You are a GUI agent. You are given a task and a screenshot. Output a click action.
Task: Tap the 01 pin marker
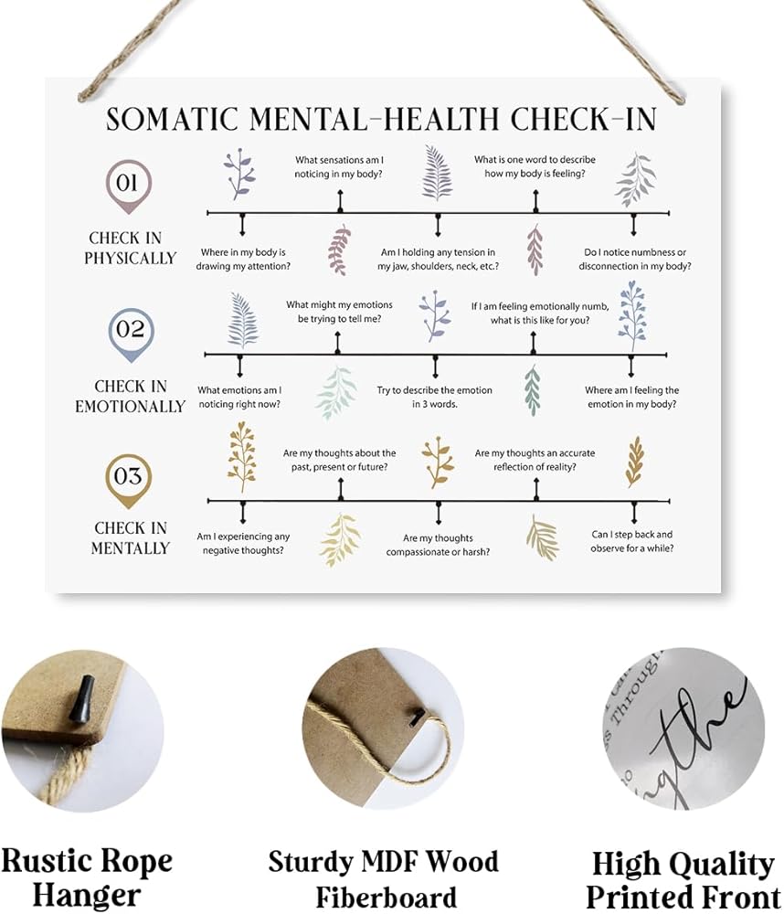pos(128,184)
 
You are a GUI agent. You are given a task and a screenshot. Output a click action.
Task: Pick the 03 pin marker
pos(129,477)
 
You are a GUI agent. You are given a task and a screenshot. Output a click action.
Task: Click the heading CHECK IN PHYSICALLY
pos(130,249)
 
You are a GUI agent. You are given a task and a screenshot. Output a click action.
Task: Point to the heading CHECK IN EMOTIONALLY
pos(130,397)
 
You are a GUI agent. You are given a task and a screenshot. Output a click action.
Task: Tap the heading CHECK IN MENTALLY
pos(130,537)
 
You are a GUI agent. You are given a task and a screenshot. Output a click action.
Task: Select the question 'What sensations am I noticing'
pos(339,166)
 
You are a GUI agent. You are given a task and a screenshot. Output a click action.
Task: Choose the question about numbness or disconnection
pos(634,260)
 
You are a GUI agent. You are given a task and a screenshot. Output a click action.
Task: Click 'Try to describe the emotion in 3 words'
pos(434,397)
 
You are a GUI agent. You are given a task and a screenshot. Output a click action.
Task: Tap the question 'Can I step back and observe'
pos(632,541)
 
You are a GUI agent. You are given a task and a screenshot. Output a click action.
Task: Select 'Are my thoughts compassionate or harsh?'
pos(438,545)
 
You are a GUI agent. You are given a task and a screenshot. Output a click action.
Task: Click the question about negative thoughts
pos(243,543)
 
